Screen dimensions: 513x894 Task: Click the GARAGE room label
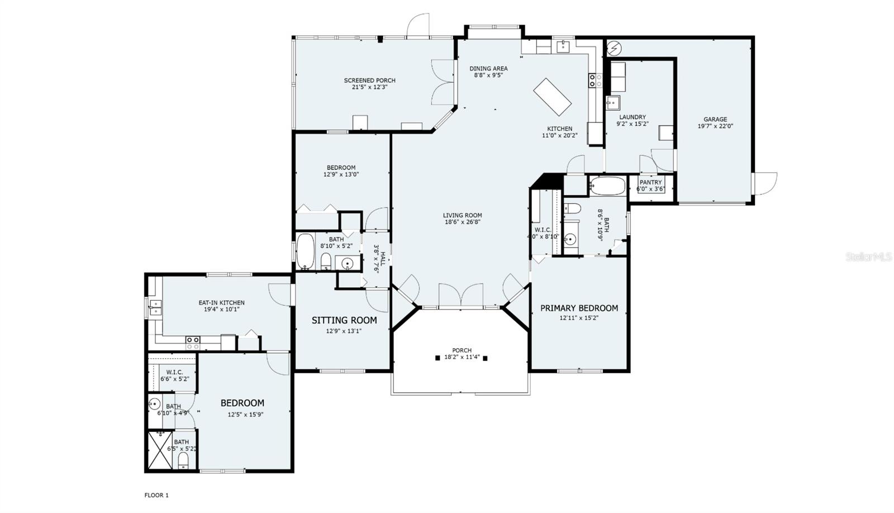[715, 119]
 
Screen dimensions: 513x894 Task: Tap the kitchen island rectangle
[552, 97]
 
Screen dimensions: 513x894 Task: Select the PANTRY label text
[650, 182]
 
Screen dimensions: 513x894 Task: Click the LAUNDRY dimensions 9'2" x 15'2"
[633, 124]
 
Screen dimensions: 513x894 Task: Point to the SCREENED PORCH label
[369, 80]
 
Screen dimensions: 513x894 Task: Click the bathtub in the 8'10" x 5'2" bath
[305, 251]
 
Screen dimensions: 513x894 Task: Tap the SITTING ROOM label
[344, 320]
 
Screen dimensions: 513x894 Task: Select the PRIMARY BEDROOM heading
[579, 308]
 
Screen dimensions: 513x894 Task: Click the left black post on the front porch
[437, 358]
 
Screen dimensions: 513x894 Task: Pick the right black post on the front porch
[485, 358]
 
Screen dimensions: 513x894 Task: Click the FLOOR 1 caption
[156, 495]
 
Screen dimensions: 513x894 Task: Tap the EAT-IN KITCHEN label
[221, 303]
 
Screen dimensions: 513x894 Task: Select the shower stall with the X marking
[160, 450]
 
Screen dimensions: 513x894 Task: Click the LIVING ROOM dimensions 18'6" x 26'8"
[462, 222]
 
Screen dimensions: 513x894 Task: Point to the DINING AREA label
[488, 69]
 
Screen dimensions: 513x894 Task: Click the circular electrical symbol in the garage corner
[614, 49]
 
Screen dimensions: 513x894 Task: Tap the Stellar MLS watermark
[868, 256]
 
